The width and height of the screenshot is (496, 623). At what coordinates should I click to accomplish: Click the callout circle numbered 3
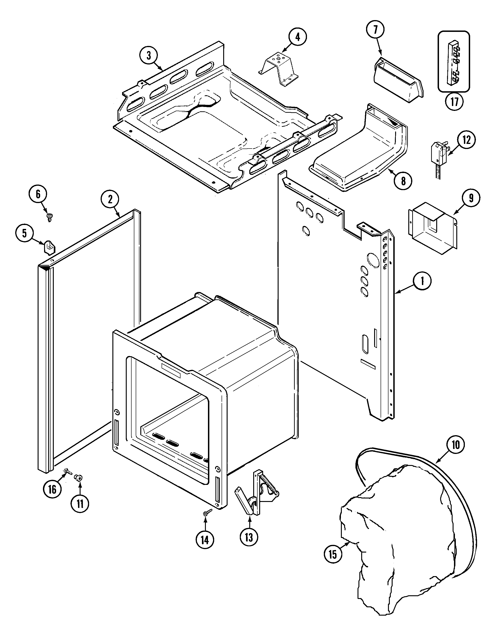pos(149,55)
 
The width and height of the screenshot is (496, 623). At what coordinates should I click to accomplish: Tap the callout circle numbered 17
pos(454,101)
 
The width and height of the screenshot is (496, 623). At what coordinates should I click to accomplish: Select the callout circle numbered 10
pos(456,445)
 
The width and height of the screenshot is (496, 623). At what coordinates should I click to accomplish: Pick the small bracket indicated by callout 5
pos(49,247)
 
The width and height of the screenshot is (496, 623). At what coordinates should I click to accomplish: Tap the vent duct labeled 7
pos(398,81)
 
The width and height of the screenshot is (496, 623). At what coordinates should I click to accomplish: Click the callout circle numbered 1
pos(422,281)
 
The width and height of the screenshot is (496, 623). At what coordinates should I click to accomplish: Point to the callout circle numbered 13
pos(249,537)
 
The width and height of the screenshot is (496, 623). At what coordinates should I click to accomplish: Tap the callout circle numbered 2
pos(110,199)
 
